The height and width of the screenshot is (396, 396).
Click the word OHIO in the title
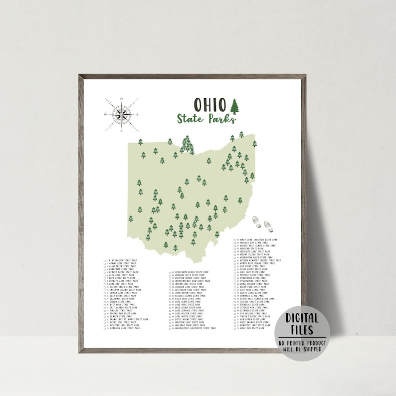tap(208, 105)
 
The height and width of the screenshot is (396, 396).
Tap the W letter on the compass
tap(105, 115)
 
